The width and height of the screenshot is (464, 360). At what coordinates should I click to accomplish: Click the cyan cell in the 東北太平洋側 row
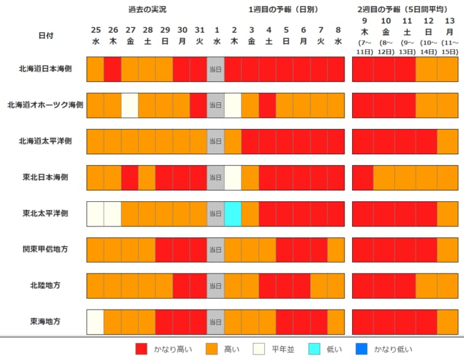point(233,213)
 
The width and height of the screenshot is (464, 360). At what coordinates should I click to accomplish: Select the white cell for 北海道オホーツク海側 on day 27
point(130,104)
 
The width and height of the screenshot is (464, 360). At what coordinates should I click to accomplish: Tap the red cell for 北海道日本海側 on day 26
point(113,69)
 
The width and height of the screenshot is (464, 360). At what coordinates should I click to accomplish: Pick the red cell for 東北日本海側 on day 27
point(130,177)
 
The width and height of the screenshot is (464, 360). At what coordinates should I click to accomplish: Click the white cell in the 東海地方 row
point(95,321)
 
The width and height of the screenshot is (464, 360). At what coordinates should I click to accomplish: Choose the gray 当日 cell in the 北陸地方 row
point(215,285)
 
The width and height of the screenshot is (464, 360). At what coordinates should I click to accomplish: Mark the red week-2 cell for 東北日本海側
point(362,177)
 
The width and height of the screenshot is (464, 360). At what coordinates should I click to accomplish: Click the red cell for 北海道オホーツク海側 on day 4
point(267,104)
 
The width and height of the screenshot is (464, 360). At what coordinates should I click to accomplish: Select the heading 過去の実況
point(147,10)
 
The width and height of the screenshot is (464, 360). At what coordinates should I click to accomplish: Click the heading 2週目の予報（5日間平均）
point(403,10)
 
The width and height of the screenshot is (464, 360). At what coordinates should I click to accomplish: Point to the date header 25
point(96,29)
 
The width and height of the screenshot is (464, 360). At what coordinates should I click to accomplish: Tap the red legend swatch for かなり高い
point(143,350)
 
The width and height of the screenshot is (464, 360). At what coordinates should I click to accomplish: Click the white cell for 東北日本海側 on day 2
point(233,177)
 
